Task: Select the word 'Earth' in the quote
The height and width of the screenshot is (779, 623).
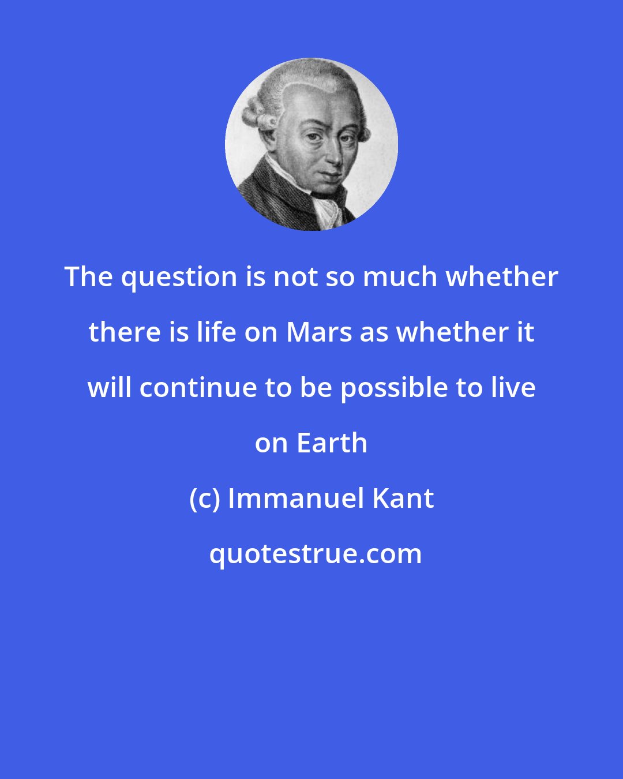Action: (x=332, y=443)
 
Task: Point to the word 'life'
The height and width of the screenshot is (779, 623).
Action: (x=217, y=332)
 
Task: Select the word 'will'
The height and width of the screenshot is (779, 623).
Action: (x=110, y=388)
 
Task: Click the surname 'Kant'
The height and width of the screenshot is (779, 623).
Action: (x=403, y=499)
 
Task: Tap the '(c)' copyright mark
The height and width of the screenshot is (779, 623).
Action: (x=205, y=499)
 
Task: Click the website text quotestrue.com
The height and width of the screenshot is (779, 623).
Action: (x=315, y=554)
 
